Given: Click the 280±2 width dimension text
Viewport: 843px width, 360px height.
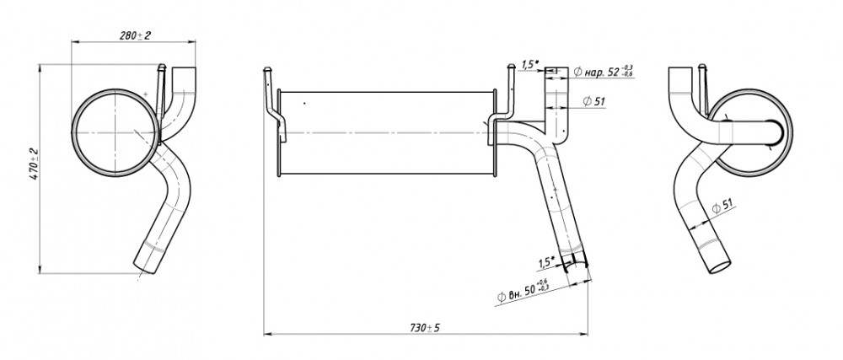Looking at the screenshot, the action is coord(135,35).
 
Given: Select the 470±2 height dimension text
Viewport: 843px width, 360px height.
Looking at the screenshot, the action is coord(35,164).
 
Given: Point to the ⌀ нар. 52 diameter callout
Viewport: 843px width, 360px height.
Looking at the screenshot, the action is coord(604,72).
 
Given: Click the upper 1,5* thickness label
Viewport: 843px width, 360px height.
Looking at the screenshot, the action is coord(529,64).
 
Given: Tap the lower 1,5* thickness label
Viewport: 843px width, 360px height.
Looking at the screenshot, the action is coord(545,262).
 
